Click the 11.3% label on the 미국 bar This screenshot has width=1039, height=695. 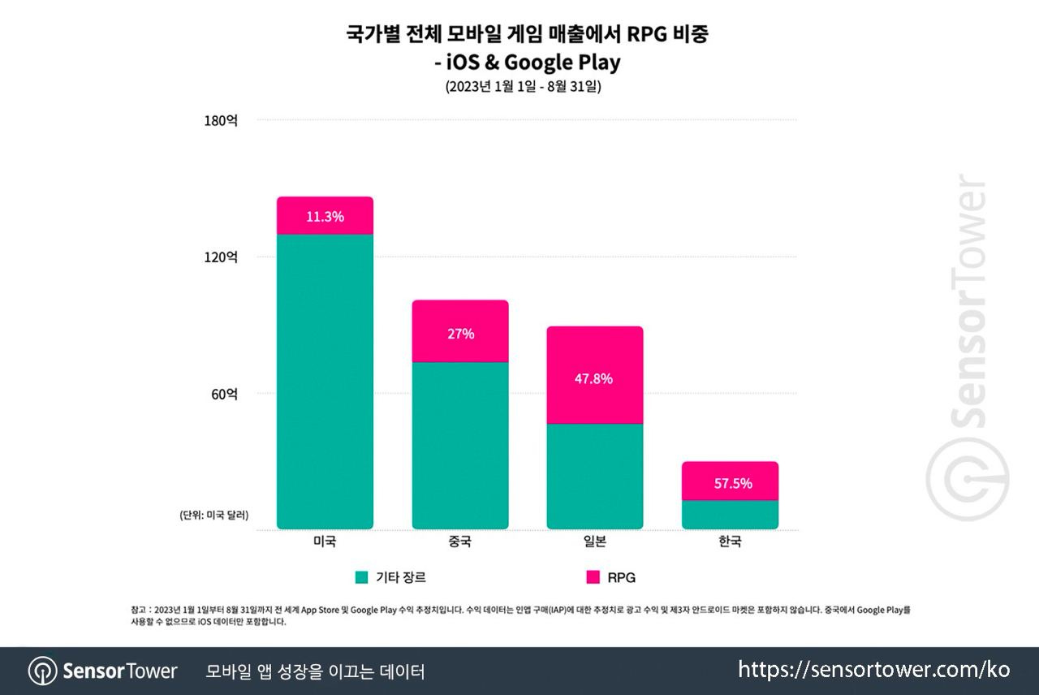pyautogui.click(x=325, y=217)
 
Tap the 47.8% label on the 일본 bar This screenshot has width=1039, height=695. pyautogui.click(x=595, y=379)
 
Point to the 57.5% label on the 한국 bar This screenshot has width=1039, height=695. pyautogui.click(x=731, y=484)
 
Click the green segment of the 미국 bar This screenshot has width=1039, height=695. pyautogui.click(x=325, y=382)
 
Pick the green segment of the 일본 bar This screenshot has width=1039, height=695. pyautogui.click(x=595, y=477)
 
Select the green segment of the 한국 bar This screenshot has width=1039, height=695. pyautogui.click(x=731, y=515)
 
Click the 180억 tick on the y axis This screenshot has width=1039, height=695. pyautogui.click(x=221, y=121)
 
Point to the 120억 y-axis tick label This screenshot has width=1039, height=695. pyautogui.click(x=221, y=257)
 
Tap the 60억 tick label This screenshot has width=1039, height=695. pyautogui.click(x=224, y=395)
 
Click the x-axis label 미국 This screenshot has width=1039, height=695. pyautogui.click(x=325, y=542)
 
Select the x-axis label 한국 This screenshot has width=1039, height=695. pyautogui.click(x=731, y=542)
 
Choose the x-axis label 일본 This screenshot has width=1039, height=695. pyautogui.click(x=595, y=542)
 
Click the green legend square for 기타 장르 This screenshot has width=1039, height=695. pyautogui.click(x=362, y=577)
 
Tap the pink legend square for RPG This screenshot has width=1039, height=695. pyautogui.click(x=593, y=577)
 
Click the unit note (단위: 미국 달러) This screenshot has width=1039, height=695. pyautogui.click(x=214, y=515)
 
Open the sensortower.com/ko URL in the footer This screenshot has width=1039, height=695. pyautogui.click(x=873, y=670)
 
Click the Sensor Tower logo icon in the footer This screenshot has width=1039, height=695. pyautogui.click(x=42, y=671)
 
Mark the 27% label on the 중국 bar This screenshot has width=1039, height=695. pyautogui.click(x=460, y=334)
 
